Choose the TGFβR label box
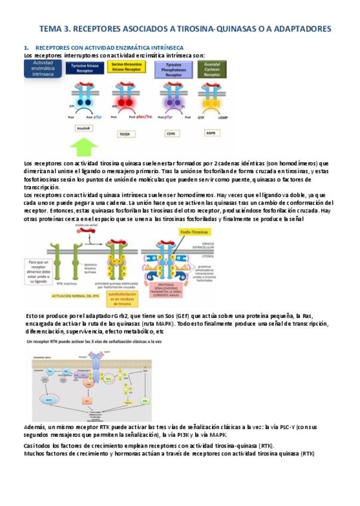[124, 134]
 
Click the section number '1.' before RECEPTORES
[26, 47]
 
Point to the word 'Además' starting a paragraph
[35, 428]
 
